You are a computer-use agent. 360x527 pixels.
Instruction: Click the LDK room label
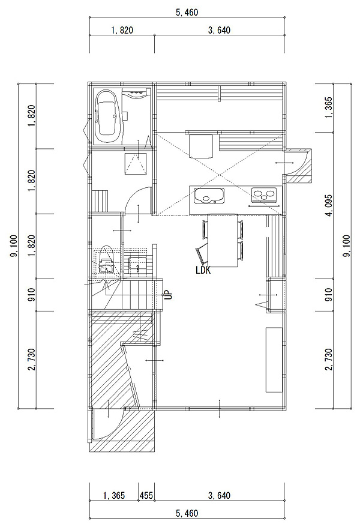click(203, 270)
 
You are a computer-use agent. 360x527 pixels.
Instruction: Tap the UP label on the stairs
click(168, 295)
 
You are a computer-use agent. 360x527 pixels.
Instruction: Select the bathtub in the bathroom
click(108, 116)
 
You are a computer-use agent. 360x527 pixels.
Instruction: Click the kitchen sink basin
click(209, 196)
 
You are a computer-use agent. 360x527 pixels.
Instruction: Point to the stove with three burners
click(265, 196)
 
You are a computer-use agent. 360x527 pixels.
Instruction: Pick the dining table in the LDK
click(223, 240)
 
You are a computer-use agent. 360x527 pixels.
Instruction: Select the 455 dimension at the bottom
click(146, 495)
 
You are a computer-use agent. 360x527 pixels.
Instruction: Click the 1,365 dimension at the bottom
click(114, 495)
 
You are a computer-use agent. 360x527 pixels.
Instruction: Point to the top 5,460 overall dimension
click(187, 13)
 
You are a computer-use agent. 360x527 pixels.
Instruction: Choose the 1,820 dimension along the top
click(122, 30)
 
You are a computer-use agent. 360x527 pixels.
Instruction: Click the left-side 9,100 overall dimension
click(14, 246)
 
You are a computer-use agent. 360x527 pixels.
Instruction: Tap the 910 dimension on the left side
click(32, 295)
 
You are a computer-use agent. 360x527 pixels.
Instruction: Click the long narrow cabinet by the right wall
click(274, 360)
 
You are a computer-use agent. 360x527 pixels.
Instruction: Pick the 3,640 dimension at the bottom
click(219, 495)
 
